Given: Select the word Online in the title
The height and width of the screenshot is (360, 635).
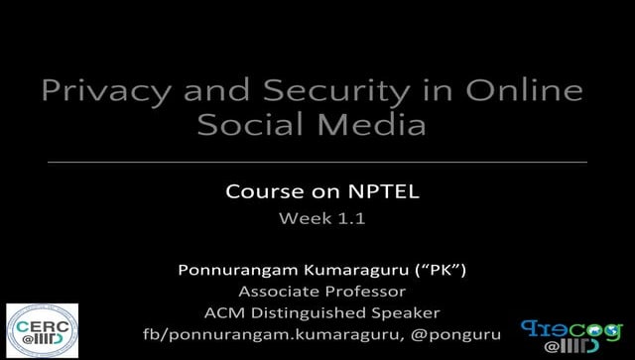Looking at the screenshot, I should click(525, 91).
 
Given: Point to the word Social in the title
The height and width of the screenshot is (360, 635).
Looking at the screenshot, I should click(247, 126).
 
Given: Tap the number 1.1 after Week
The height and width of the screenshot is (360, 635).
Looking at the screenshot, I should click(350, 219).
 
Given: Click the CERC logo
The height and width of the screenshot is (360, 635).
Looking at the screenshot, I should click(42, 330).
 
